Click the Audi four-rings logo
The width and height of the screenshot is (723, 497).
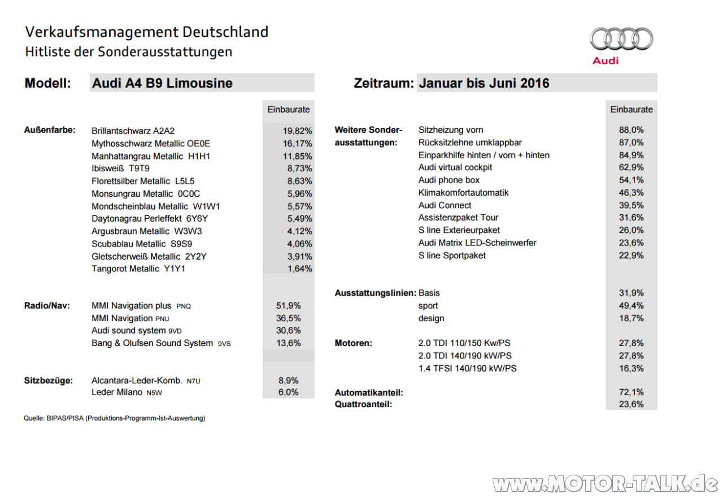pyautogui.click(x=621, y=40)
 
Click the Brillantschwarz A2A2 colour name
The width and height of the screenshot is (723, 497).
pyautogui.click(x=137, y=131)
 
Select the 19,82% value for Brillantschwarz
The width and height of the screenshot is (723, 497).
pyautogui.click(x=297, y=131)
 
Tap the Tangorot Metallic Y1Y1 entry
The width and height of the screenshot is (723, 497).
pyautogui.click(x=138, y=269)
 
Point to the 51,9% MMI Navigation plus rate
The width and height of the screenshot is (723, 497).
pyautogui.click(x=288, y=306)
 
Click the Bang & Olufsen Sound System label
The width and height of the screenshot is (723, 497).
pyautogui.click(x=161, y=343)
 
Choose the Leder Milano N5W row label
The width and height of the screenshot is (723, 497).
pyautogui.click(x=130, y=392)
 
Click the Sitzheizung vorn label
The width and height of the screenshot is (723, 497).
pyautogui.click(x=451, y=130)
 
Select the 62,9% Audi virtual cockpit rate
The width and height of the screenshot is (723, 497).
pyautogui.click(x=631, y=167)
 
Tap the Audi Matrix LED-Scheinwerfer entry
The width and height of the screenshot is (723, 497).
pyautogui.click(x=477, y=243)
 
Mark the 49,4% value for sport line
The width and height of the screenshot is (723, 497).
pyautogui.click(x=631, y=306)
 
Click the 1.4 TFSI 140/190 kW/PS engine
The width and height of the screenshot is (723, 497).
pyautogui.click(x=467, y=368)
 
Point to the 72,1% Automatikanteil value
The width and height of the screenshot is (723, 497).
pyautogui.click(x=631, y=392)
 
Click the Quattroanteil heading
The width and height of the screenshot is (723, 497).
pyautogui.click(x=363, y=404)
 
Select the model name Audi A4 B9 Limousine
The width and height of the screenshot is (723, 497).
pyautogui.click(x=162, y=83)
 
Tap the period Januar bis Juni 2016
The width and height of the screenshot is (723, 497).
pyautogui.click(x=484, y=83)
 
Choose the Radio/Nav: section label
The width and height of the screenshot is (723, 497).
pyautogui.click(x=47, y=306)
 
